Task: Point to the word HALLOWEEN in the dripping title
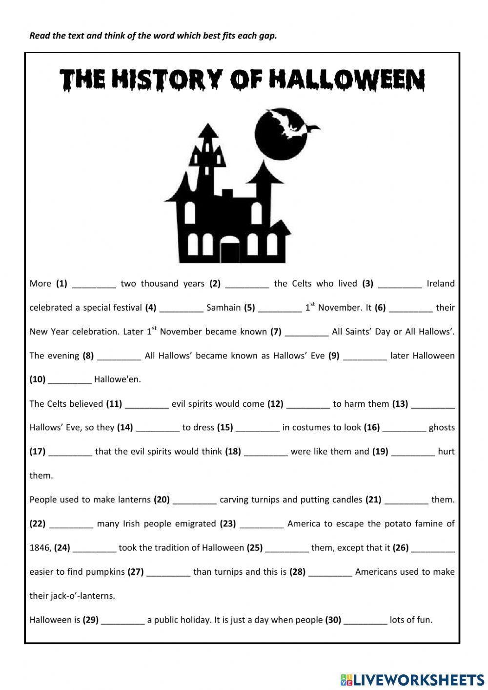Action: (x=346, y=80)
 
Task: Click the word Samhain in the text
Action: (x=224, y=308)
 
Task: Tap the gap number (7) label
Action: (x=276, y=332)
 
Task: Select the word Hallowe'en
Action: (x=117, y=379)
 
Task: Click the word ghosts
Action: (x=442, y=428)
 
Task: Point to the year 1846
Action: (x=40, y=548)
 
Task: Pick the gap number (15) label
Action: (x=225, y=428)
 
